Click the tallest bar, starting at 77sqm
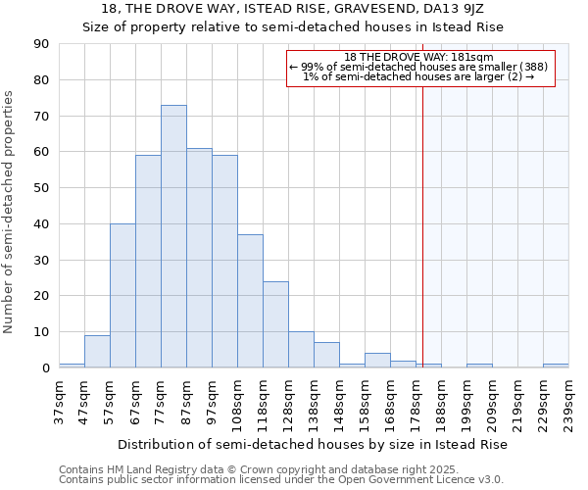[173, 236]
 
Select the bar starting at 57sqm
[122, 295]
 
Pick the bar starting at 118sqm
[275, 324]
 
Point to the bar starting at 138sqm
[326, 355]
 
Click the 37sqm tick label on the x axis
[59, 403]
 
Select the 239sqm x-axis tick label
[568, 403]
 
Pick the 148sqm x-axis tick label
[339, 403]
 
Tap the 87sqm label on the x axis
[186, 403]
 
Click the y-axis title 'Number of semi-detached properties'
[9, 212]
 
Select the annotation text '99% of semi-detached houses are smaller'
[423, 67]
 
